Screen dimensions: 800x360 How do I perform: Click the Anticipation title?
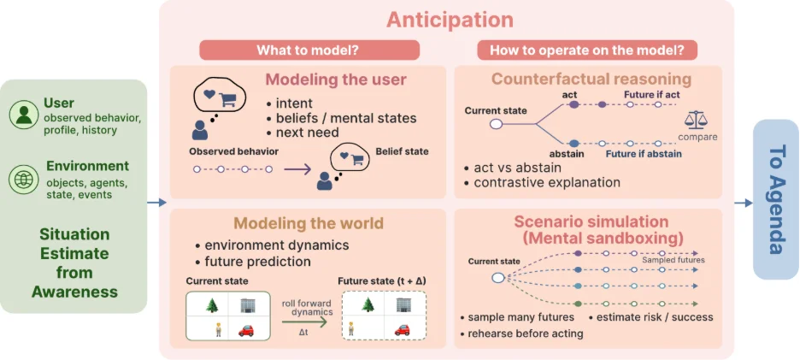pyautogui.click(x=450, y=20)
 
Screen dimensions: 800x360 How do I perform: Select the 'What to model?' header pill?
pyautogui.click(x=309, y=50)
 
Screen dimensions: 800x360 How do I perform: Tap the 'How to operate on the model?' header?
pyautogui.click(x=587, y=50)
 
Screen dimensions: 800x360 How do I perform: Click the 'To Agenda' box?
pyautogui.click(x=775, y=199)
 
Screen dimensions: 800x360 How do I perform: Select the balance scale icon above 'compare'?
pyautogui.click(x=697, y=121)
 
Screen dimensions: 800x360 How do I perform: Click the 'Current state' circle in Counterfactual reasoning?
pyautogui.click(x=496, y=124)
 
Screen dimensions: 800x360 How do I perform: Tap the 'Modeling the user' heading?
pyautogui.click(x=336, y=80)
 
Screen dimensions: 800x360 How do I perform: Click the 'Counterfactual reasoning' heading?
pyautogui.click(x=591, y=80)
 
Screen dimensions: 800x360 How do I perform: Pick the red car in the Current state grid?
pyautogui.click(x=246, y=330)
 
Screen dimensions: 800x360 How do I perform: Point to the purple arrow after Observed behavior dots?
pyautogui.click(x=297, y=169)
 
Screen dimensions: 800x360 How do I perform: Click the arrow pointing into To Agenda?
pyautogui.click(x=744, y=204)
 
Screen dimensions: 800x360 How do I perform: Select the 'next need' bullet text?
pyautogui.click(x=304, y=133)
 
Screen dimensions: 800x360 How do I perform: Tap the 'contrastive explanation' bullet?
pyautogui.click(x=542, y=182)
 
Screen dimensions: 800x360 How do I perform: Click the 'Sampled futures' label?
pyautogui.click(x=673, y=260)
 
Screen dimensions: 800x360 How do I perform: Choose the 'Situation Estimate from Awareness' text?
pyautogui.click(x=74, y=263)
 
